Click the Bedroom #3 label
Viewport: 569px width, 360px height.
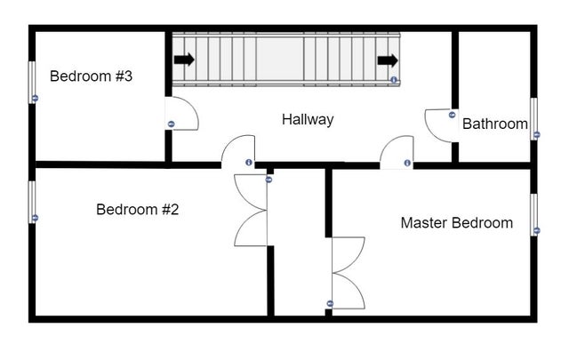pyautogui.click(x=91, y=76)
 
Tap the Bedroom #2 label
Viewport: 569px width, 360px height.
pyautogui.click(x=138, y=210)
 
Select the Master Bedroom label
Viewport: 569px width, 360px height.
pyautogui.click(x=456, y=222)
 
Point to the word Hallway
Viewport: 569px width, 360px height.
pyautogui.click(x=308, y=120)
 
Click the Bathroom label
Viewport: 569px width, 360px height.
pyautogui.click(x=495, y=124)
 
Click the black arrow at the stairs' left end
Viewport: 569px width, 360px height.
pyautogui.click(x=184, y=60)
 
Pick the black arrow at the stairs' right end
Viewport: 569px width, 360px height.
pyautogui.click(x=388, y=60)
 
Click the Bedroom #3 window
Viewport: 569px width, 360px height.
pyautogui.click(x=32, y=83)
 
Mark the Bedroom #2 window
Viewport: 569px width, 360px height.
pyautogui.click(x=32, y=202)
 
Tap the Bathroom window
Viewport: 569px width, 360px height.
pyautogui.click(x=533, y=119)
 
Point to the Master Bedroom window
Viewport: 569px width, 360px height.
pyautogui.click(x=533, y=215)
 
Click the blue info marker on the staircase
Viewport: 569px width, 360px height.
pyautogui.click(x=394, y=79)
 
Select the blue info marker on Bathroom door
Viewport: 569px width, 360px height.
pyautogui.click(x=452, y=115)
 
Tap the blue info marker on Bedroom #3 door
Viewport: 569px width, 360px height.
pyautogui.click(x=172, y=124)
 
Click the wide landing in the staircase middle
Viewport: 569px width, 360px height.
pyautogui.click(x=279, y=60)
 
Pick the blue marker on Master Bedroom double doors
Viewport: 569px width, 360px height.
pyautogui.click(x=330, y=303)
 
